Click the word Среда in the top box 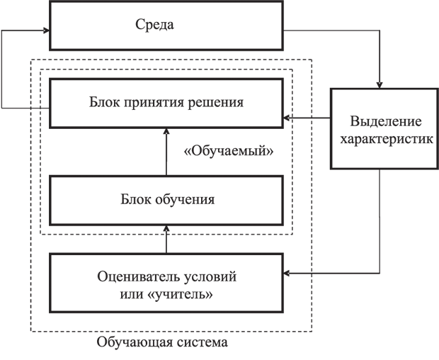(x=154, y=24)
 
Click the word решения (x=215, y=103)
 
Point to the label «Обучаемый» (x=229, y=152)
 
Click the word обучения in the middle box (x=185, y=200)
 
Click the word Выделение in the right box (x=386, y=122)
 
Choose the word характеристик (x=387, y=139)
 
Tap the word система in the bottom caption (x=200, y=342)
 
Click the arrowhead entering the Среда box (x=47, y=30)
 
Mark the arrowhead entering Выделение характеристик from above (x=380, y=85)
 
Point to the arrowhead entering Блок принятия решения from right (x=287, y=118)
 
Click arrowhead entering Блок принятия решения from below (x=166, y=132)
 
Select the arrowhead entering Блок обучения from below (x=166, y=229)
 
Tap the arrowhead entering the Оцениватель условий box (x=287, y=273)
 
